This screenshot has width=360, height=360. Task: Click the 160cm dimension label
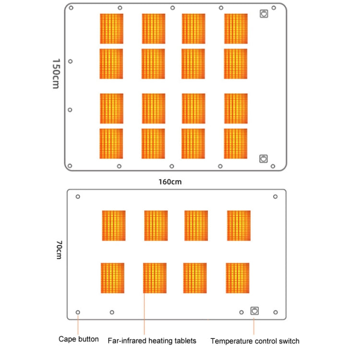click(x=170, y=181)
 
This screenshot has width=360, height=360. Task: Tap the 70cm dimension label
click(x=58, y=250)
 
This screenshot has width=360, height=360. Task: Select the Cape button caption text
click(x=79, y=339)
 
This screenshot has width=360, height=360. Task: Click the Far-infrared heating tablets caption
click(x=152, y=341)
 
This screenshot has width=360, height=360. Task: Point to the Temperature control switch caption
click(x=255, y=341)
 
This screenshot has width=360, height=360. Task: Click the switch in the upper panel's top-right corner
click(x=264, y=14)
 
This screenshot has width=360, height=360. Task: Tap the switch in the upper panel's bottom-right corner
click(x=263, y=158)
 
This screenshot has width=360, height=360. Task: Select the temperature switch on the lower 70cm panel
click(x=254, y=311)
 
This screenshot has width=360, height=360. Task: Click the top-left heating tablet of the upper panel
click(x=111, y=29)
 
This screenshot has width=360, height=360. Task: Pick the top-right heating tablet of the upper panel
click(x=236, y=29)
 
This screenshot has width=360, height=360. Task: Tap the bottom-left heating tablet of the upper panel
click(x=111, y=144)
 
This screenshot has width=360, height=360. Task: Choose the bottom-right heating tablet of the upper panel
click(x=236, y=144)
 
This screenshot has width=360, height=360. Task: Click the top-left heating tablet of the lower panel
click(x=114, y=226)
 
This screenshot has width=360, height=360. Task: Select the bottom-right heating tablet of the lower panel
click(x=238, y=278)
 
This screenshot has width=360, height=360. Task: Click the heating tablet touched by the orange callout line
click(x=155, y=278)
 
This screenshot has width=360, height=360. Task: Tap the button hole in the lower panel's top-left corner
click(x=78, y=196)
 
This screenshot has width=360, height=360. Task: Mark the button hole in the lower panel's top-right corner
click(x=275, y=196)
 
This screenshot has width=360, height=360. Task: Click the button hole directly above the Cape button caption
click(x=78, y=312)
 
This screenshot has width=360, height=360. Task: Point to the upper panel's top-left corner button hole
click(x=71, y=8)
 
